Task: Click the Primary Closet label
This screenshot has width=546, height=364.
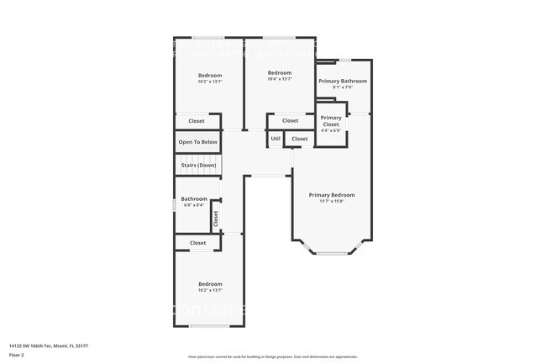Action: coord(331,121)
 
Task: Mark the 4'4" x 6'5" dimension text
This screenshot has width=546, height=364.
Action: coord(331,130)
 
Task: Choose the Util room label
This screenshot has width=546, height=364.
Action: coord(276,139)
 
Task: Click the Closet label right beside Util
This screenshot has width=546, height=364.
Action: coord(300,139)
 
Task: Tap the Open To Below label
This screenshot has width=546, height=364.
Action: coord(198,142)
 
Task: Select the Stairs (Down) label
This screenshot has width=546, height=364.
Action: coord(198,165)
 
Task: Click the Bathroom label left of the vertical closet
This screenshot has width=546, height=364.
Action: coord(194,198)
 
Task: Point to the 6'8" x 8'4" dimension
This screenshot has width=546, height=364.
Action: coord(194,205)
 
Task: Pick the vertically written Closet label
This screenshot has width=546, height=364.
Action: coord(216,218)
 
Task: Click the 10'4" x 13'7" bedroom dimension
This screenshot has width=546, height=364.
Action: coord(280,79)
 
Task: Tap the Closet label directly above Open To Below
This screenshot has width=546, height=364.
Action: coord(197,121)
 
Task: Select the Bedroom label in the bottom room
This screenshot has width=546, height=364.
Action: coord(210,283)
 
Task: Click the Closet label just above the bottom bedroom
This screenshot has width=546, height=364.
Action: coord(198,243)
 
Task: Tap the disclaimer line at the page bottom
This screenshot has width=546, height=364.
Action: coord(272,356)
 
